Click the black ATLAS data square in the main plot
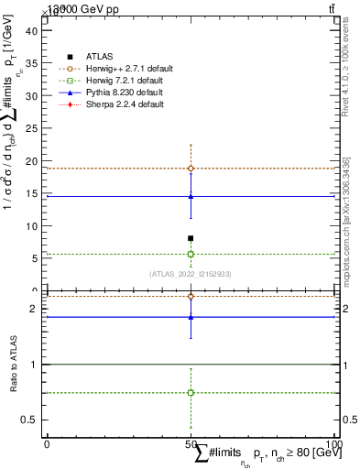(x=191, y=238)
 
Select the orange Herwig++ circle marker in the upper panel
(x=191, y=169)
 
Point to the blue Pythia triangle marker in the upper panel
(x=191, y=196)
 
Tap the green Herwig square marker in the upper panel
(x=191, y=254)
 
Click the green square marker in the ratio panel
(x=191, y=392)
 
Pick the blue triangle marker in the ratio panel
(x=191, y=317)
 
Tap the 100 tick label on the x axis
(x=336, y=444)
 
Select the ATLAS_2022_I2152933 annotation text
(x=191, y=273)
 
